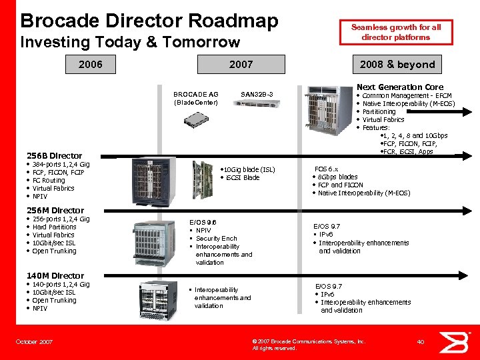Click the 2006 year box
point(91,65)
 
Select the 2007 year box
point(241,65)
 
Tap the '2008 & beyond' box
point(397,65)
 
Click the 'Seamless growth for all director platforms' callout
point(396,32)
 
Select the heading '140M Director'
point(55,275)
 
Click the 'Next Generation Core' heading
point(399,87)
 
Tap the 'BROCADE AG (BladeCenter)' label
point(195,98)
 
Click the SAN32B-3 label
point(257,94)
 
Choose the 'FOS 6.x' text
point(326,169)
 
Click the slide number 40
point(421,341)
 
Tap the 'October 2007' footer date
point(34,341)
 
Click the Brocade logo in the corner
point(459,342)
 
